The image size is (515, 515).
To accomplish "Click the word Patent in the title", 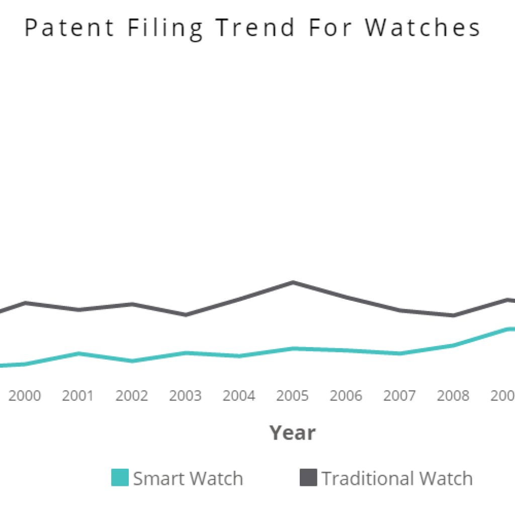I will tap(70, 28).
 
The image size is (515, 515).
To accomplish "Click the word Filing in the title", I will tap(165, 28).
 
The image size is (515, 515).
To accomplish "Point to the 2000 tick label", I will tap(25, 396).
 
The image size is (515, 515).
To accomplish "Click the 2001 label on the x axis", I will tap(78, 396).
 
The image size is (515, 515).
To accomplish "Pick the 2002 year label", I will tap(132, 396).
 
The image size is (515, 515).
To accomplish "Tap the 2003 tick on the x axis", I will tap(185, 396).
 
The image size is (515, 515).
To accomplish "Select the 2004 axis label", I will tap(239, 396).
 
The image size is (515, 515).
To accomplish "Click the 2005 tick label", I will tap(292, 396).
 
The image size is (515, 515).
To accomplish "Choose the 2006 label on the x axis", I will tap(346, 396).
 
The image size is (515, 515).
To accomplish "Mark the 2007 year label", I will tap(399, 396).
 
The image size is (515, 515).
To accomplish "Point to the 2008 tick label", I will tap(453, 396).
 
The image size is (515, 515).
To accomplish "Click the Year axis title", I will tap(292, 433).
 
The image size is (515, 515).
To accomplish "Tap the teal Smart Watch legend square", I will tap(120, 477).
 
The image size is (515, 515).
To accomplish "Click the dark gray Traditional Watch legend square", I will tap(308, 477).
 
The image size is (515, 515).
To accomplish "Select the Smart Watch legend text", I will tap(188, 478).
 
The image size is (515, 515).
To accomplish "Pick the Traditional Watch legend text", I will tap(397, 478).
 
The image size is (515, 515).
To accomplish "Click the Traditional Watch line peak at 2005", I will tap(293, 282).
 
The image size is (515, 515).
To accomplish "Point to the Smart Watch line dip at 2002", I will tap(132, 361).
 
